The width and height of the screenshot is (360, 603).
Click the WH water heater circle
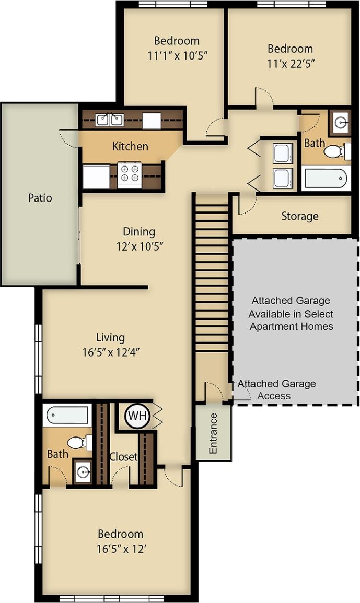[x=137, y=416]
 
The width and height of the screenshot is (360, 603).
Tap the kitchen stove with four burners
[x=129, y=175]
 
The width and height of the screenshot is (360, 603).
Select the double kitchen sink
[x=110, y=120]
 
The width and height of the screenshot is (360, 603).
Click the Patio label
[x=40, y=198]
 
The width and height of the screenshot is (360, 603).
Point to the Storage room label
[x=299, y=216]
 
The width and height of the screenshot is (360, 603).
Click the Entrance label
[x=213, y=433]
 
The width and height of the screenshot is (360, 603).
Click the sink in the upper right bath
[x=341, y=123]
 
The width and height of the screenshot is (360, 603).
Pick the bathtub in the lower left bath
[x=67, y=416]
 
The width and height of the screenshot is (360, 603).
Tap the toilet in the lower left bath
[x=78, y=443]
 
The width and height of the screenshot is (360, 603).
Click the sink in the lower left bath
[x=83, y=472]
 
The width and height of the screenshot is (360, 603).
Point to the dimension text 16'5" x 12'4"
[x=110, y=352]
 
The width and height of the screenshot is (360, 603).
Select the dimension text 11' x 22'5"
[x=291, y=64]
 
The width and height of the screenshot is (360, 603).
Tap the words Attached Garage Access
[x=276, y=389]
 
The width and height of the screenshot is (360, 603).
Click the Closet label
[x=123, y=457]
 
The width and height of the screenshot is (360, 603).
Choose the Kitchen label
[x=130, y=146]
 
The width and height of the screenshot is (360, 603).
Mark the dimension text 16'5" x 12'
[x=121, y=549]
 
